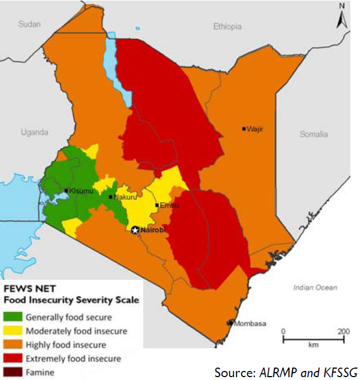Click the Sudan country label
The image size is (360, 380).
tap(31, 24)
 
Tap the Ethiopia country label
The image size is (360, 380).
tap(227, 27)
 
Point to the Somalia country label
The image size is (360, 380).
tap(314, 134)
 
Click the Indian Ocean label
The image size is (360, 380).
tap(315, 288)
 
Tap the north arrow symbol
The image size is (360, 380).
tap(341, 17)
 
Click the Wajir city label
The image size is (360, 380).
tap(256, 129)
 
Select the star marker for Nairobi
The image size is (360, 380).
tap(135, 230)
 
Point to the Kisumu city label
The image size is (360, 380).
tap(79, 191)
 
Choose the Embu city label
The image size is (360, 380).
tap(168, 205)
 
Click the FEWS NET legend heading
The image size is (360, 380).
tap(28, 289)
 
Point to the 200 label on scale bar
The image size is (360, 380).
tap(342, 331)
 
